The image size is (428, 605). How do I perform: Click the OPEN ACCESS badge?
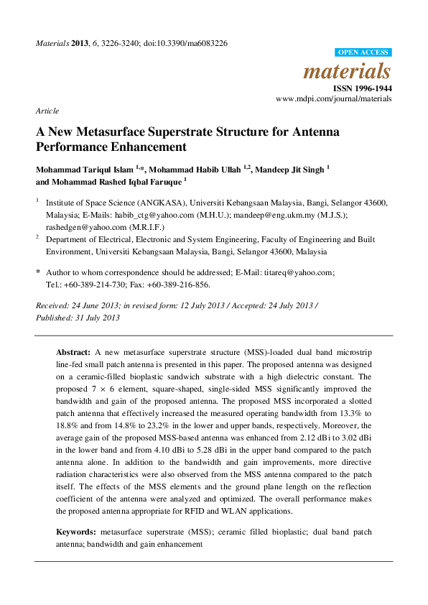coord(363,52)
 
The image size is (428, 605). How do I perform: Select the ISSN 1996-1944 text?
coord(363,88)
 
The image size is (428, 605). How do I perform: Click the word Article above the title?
coord(47,111)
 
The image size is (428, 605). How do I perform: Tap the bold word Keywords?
coord(77,532)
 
